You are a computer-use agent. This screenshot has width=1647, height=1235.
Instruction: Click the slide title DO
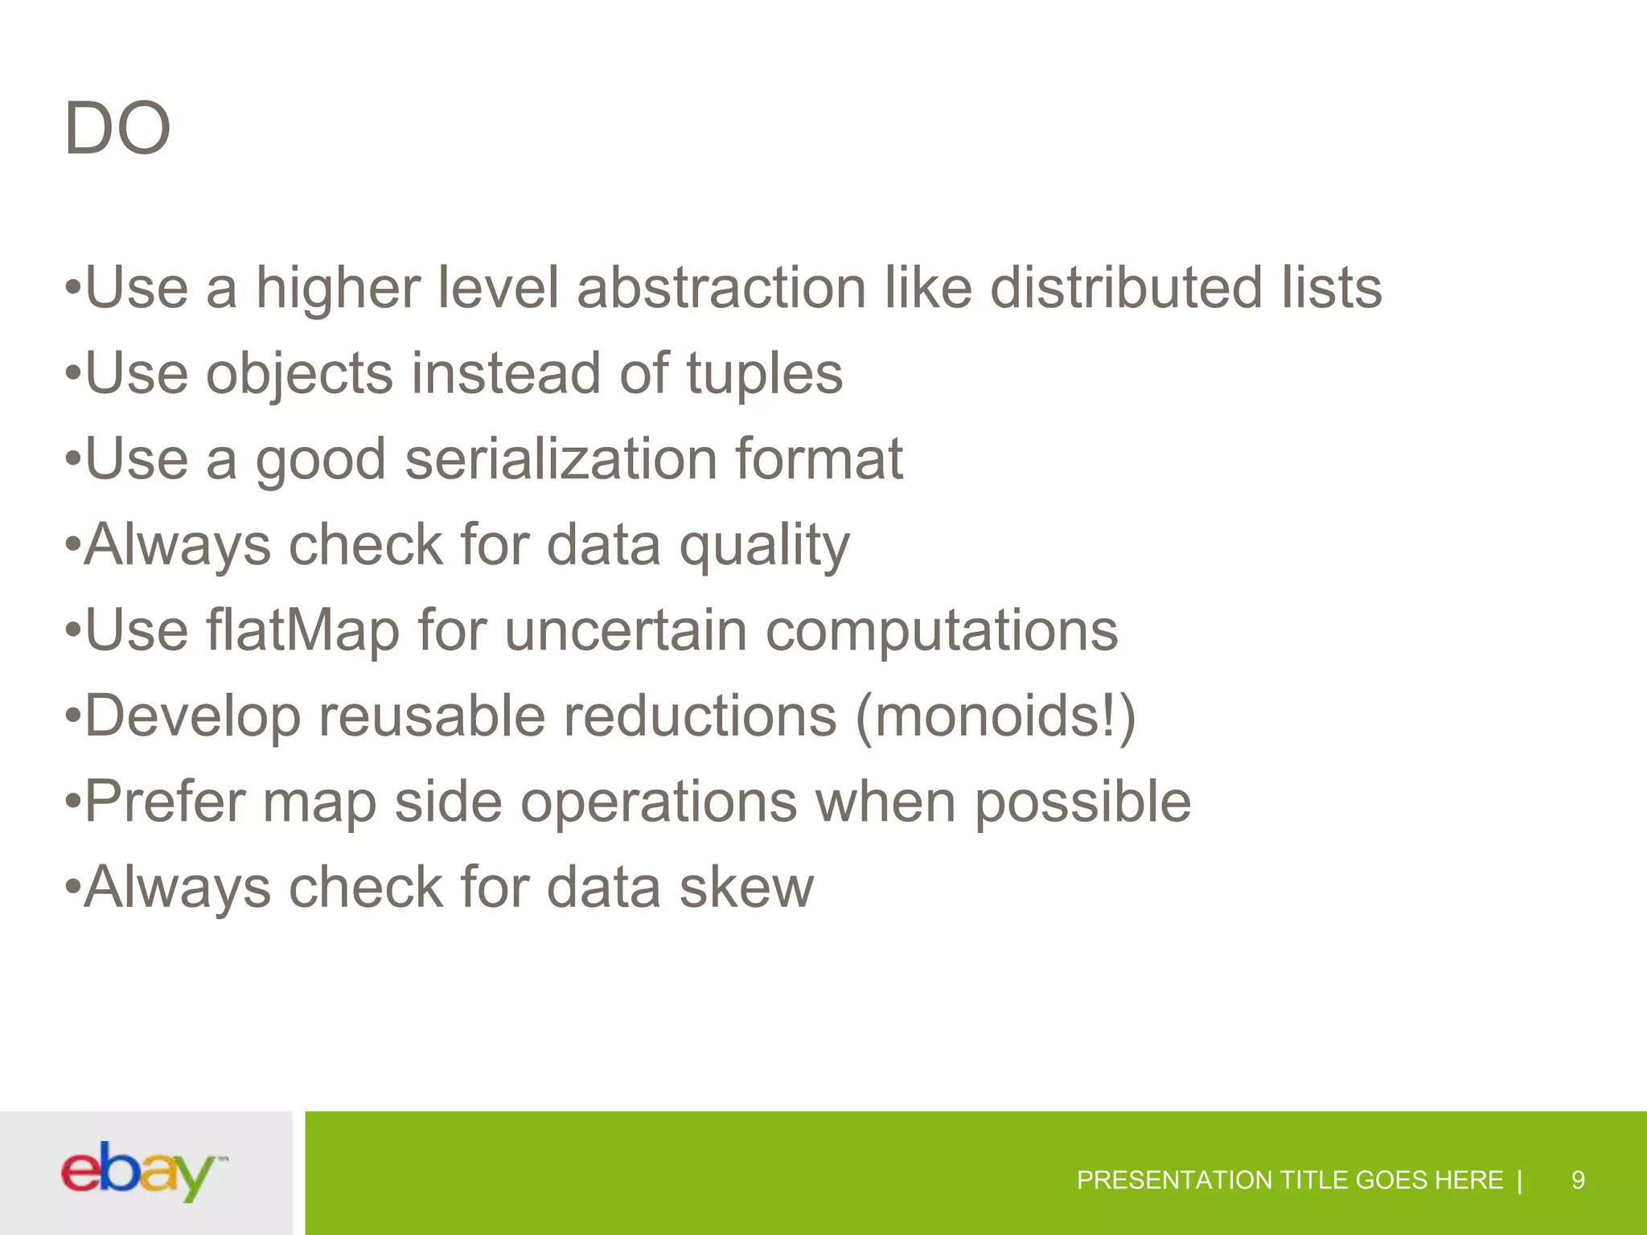117,129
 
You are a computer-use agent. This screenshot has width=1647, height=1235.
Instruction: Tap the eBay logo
142,1171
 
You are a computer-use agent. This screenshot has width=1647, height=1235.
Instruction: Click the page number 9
1578,1180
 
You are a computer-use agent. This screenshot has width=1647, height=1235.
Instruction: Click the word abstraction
721,288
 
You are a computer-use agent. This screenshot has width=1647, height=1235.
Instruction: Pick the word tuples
764,375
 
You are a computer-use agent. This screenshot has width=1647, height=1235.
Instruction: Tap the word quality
764,546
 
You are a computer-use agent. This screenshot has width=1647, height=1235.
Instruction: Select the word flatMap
302,631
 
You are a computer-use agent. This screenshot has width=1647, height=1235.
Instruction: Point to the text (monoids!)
996,716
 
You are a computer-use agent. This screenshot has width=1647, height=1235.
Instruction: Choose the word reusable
432,716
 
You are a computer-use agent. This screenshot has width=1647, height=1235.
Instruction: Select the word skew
745,888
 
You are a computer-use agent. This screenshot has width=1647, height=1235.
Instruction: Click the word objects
299,375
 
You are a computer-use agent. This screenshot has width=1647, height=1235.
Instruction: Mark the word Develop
192,717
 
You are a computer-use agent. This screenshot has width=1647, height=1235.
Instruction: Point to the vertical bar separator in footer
1519,1180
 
